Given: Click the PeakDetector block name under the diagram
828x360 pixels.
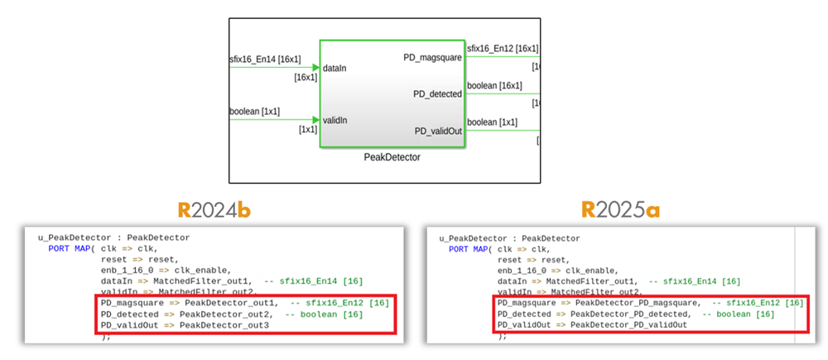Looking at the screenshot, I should pyautogui.click(x=392, y=156).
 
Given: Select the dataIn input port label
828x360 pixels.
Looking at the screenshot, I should pyautogui.click(x=335, y=68).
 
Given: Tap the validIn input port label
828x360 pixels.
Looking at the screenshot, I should pyautogui.click(x=335, y=120).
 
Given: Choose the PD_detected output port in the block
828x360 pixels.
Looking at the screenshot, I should pyautogui.click(x=437, y=94).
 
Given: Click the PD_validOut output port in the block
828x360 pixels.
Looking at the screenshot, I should pyautogui.click(x=438, y=132).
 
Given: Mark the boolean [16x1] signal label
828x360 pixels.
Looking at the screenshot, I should pyautogui.click(x=494, y=85).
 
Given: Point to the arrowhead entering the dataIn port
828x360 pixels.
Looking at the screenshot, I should pyautogui.click(x=315, y=68).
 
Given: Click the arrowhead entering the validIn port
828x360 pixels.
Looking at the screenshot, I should pyautogui.click(x=315, y=120).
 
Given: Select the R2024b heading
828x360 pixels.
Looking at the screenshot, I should pyautogui.click(x=216, y=210).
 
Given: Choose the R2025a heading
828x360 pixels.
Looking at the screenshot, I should pyautogui.click(x=621, y=210).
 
